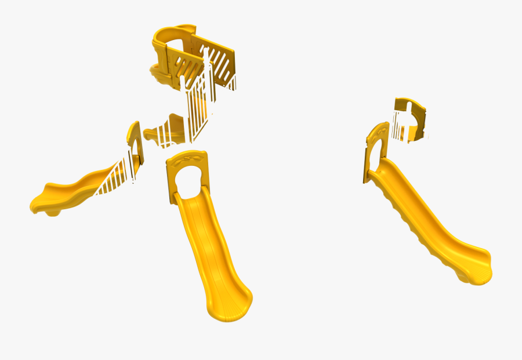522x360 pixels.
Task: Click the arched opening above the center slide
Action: coord(187,180)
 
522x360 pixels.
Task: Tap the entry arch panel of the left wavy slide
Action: coord(133,139)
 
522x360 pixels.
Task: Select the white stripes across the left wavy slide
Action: coord(116,177)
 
